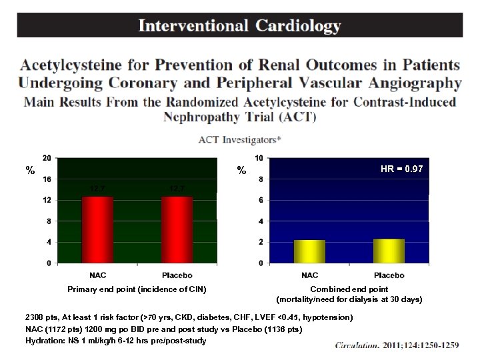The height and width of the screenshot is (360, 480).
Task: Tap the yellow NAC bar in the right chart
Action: (x=309, y=251)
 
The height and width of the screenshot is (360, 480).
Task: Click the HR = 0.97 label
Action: (x=401, y=169)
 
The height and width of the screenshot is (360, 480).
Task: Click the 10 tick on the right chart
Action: (x=259, y=158)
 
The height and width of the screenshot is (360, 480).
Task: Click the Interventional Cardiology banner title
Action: (x=239, y=26)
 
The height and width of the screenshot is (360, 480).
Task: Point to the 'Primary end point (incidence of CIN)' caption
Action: (x=137, y=289)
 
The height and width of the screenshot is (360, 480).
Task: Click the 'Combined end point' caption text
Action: (x=349, y=289)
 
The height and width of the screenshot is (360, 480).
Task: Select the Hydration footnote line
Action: (x=115, y=341)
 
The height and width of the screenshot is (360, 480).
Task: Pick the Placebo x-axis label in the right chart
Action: (x=389, y=275)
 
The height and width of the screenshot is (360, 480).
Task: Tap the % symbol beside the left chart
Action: (x=29, y=171)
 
